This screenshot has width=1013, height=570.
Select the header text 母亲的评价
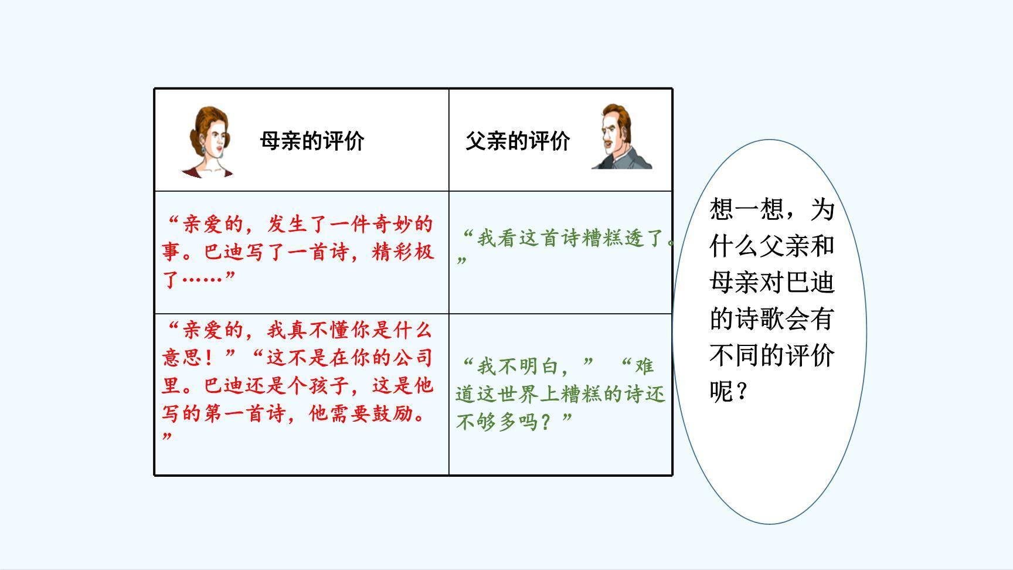click(x=312, y=141)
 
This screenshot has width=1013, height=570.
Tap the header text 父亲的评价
click(x=518, y=141)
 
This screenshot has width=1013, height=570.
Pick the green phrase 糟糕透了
click(x=624, y=238)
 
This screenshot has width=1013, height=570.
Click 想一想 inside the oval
click(x=746, y=208)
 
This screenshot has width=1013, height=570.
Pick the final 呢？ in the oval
click(x=728, y=391)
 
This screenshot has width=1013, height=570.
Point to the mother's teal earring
click(x=203, y=149)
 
